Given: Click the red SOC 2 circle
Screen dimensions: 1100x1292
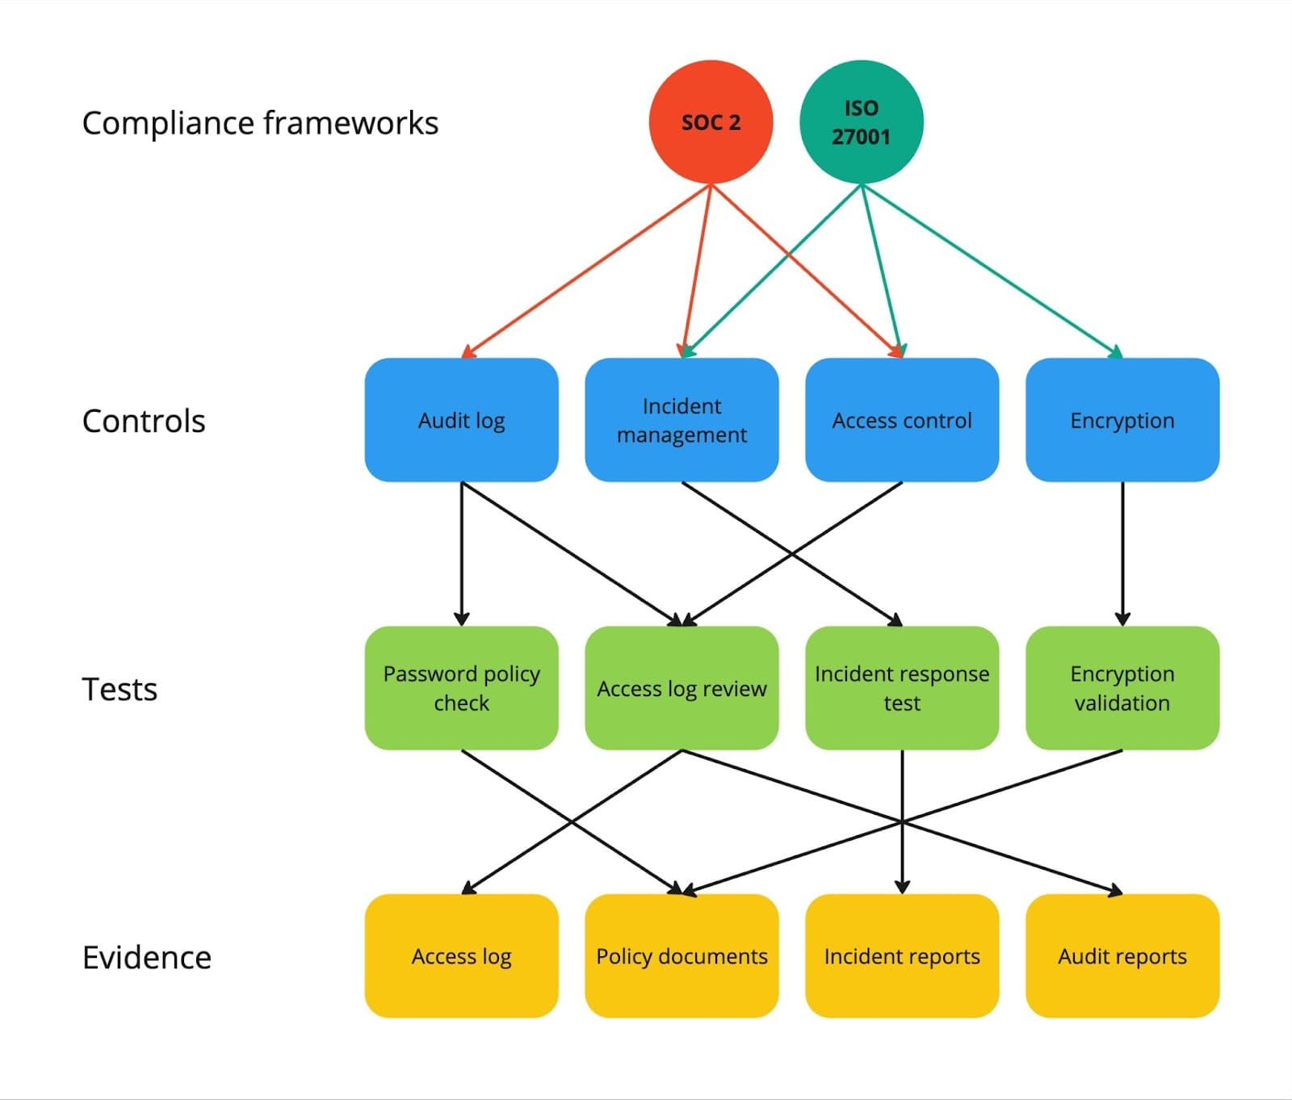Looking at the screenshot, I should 711,122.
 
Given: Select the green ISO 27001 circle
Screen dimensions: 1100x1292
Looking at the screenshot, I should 861,122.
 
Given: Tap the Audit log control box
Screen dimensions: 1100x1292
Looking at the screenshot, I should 461,420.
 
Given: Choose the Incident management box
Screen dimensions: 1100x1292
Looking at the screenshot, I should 682,420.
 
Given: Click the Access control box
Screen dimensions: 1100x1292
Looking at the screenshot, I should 902,420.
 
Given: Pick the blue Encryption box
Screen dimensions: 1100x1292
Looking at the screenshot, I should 1122,420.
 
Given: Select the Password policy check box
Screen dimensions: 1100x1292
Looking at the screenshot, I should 461,688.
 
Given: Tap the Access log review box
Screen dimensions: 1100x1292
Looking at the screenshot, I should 682,688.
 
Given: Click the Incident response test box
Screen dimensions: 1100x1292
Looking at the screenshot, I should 902,688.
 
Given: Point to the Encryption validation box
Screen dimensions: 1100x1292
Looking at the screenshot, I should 1122,688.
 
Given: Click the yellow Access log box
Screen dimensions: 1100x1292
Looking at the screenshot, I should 461,955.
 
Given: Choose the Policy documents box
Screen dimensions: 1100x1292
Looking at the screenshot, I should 682,955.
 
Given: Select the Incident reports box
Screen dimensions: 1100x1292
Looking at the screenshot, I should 902,955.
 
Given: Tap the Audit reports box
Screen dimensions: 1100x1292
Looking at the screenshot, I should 1122,955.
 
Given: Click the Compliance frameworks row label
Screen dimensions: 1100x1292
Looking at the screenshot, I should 260,124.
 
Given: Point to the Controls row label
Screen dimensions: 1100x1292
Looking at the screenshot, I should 144,421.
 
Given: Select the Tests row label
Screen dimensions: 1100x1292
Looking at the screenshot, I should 120,689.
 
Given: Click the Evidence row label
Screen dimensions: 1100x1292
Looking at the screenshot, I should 146,957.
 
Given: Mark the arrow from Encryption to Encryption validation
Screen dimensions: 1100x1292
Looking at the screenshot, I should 1122,553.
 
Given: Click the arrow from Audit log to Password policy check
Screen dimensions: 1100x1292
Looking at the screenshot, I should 462,553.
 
